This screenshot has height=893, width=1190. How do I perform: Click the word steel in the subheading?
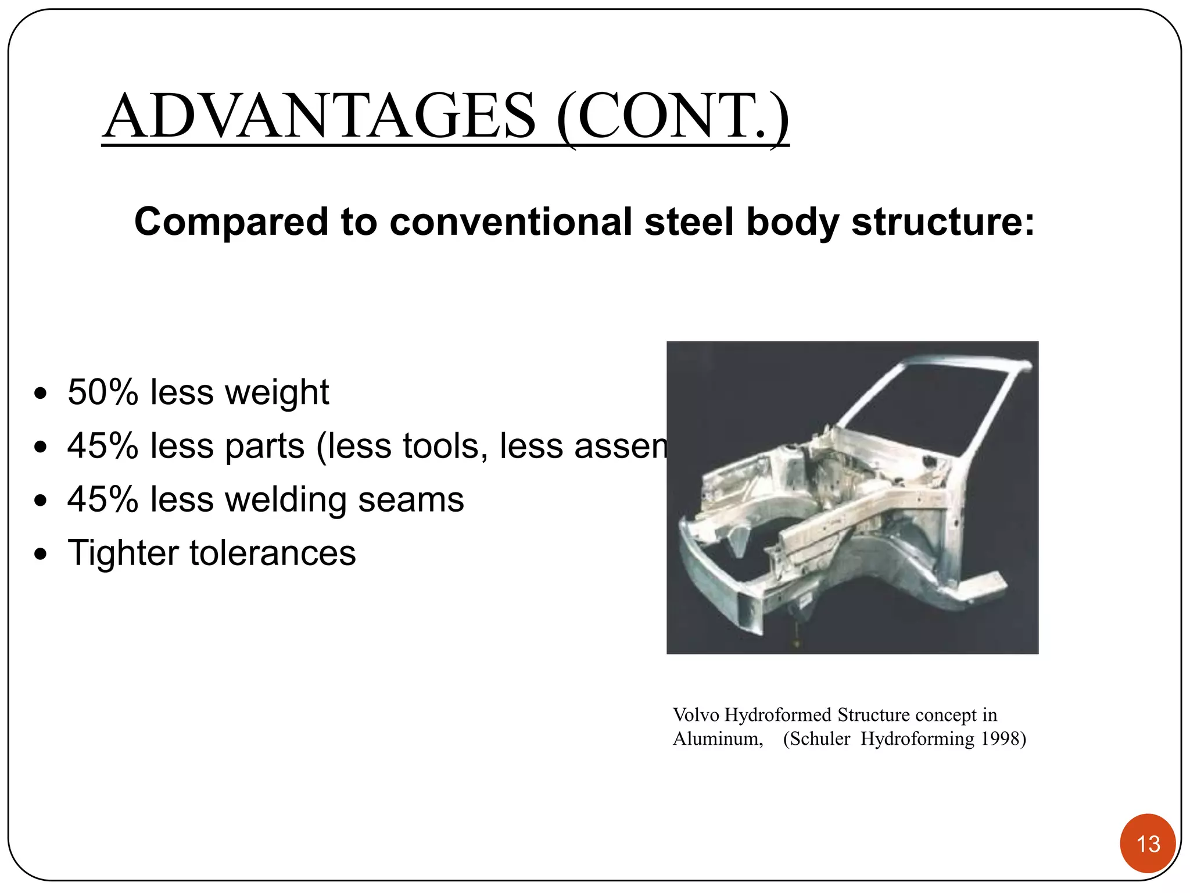tap(689, 222)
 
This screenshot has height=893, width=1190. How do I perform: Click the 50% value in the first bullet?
tap(102, 392)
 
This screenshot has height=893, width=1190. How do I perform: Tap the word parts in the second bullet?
tap(264, 446)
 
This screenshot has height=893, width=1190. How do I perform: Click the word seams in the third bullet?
tap(411, 500)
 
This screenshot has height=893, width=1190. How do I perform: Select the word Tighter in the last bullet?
tap(123, 553)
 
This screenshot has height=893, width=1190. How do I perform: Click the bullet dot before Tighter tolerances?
tap(40, 554)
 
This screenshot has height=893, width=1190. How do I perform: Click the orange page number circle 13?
tap(1148, 844)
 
